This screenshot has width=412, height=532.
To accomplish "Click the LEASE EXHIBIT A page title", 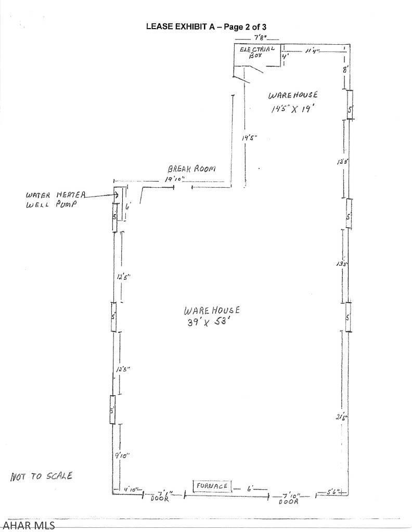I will (x=206, y=27).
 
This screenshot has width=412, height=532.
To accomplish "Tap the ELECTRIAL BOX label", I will (x=257, y=51).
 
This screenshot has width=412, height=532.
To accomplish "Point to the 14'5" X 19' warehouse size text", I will (x=293, y=109).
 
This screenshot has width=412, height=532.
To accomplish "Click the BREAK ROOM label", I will (x=191, y=169).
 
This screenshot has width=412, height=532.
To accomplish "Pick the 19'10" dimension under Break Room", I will (x=174, y=179).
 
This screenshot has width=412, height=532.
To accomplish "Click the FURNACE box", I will (x=212, y=486).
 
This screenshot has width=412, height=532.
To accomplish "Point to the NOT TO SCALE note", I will (x=41, y=476).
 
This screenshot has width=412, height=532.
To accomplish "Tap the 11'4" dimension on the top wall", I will (x=313, y=50).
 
